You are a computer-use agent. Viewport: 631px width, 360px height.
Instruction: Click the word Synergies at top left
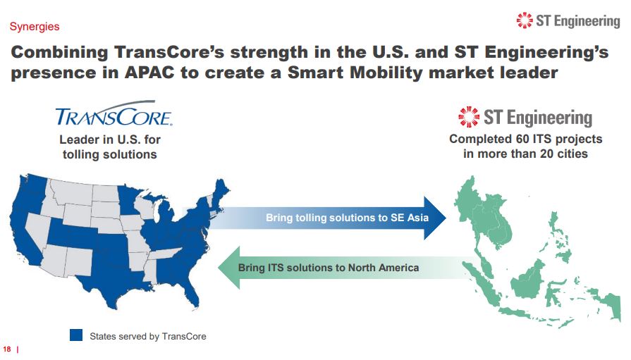click(x=34, y=27)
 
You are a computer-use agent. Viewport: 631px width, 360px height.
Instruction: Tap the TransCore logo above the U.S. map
click(x=114, y=116)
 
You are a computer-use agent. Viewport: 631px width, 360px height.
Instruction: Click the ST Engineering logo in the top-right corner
click(x=568, y=21)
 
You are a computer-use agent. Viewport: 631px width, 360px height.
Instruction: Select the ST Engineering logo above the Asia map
click(x=525, y=117)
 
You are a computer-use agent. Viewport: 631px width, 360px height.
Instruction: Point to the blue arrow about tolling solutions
click(x=331, y=217)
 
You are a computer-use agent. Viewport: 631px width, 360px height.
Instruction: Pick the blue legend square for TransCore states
click(x=76, y=335)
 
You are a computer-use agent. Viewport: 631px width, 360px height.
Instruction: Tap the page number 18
click(x=8, y=348)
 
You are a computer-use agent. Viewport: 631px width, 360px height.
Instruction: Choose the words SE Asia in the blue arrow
click(x=409, y=218)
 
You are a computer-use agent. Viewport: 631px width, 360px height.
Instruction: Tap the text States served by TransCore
click(x=148, y=336)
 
